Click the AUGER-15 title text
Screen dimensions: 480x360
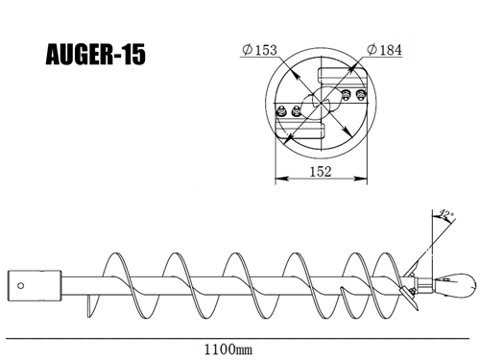coord(96,55)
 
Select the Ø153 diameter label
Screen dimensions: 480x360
coord(259,50)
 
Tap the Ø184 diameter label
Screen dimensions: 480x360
coord(384,50)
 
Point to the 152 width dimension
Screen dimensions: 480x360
coord(321,172)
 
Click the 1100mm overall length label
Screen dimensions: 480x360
coord(228,349)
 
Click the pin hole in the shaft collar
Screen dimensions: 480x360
coord(20,286)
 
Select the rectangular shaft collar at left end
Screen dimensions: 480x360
coord(35,286)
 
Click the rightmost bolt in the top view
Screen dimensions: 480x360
coord(361,95)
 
